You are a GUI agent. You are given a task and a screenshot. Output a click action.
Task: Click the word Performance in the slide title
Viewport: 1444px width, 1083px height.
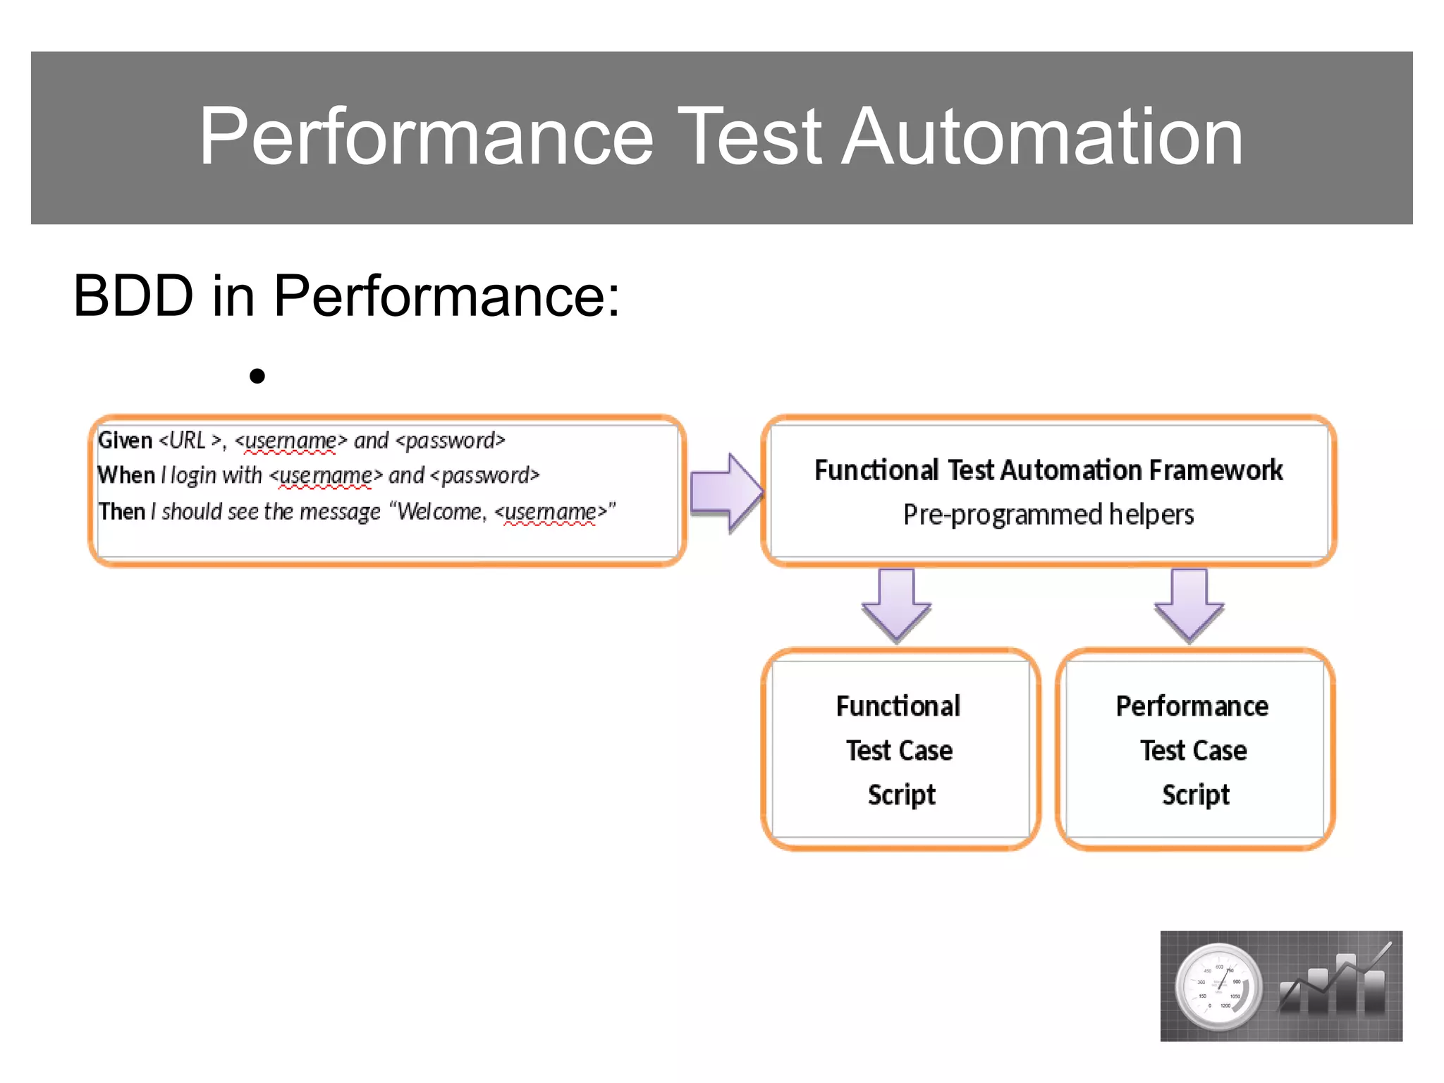click(x=426, y=137)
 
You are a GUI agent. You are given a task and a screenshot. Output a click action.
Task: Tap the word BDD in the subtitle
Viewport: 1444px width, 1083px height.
click(x=133, y=296)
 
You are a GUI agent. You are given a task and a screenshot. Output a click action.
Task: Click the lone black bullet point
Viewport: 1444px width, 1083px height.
click(x=257, y=376)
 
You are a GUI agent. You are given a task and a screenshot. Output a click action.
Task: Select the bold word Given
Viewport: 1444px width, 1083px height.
click(x=125, y=441)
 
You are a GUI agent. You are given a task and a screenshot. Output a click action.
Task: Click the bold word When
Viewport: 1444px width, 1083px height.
click(x=126, y=475)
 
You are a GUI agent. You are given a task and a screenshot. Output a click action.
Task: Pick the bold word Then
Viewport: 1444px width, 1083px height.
click(x=122, y=511)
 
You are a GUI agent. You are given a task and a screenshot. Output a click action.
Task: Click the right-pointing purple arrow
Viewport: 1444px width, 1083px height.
click(x=726, y=491)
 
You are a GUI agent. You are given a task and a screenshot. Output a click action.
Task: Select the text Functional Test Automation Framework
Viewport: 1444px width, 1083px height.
click(x=1048, y=470)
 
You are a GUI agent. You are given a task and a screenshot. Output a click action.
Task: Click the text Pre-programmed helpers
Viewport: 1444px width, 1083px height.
click(x=1048, y=515)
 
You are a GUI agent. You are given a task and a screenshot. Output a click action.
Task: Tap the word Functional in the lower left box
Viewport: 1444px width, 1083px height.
click(x=898, y=706)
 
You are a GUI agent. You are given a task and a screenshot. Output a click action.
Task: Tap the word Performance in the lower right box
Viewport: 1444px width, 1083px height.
click(x=1192, y=706)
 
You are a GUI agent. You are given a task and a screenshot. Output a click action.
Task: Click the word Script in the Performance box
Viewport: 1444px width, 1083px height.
click(x=1195, y=795)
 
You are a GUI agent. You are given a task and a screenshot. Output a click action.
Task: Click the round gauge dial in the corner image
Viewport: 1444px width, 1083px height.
click(x=1218, y=986)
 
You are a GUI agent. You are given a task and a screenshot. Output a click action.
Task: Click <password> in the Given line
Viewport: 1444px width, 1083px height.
click(x=451, y=441)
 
